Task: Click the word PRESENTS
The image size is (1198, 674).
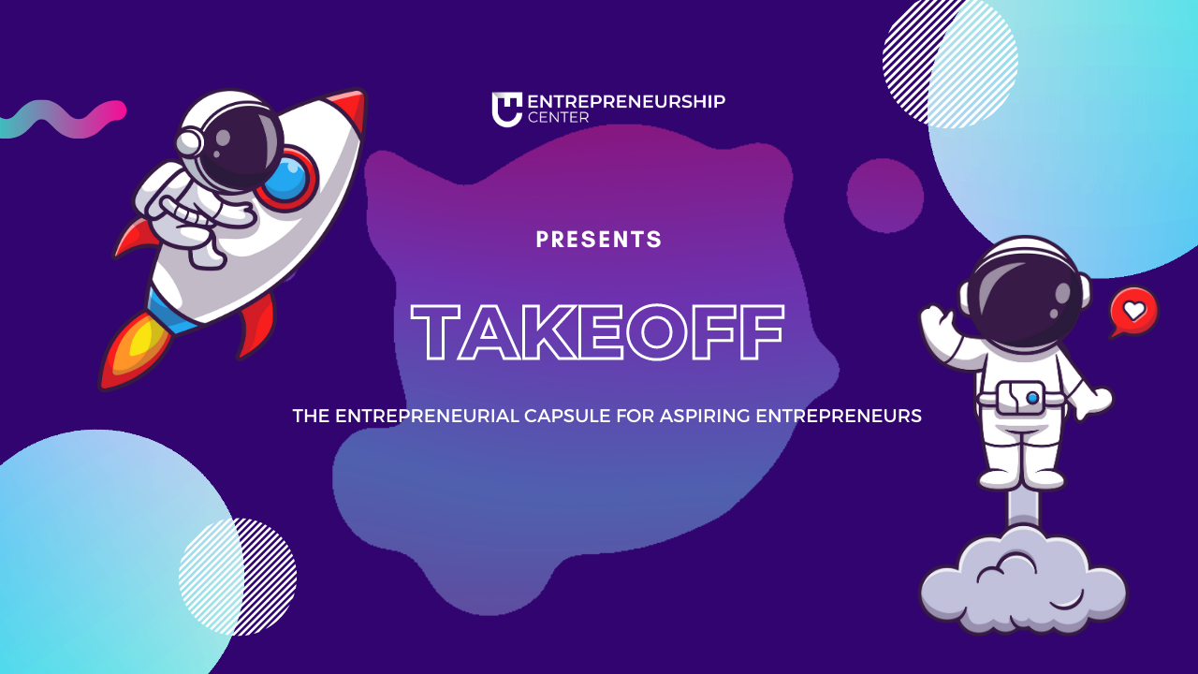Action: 599,240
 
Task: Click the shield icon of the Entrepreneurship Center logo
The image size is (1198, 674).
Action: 506,109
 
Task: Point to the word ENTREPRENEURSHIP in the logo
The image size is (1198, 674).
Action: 626,101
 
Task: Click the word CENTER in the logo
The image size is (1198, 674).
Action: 559,118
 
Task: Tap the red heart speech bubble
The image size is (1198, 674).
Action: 1133,311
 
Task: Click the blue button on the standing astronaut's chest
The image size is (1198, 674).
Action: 1031,398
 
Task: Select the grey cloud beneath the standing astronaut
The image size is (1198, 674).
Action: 1023,581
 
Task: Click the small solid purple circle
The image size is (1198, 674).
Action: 884,196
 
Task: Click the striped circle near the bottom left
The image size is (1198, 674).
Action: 239,576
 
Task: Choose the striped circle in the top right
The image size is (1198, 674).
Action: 950,61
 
